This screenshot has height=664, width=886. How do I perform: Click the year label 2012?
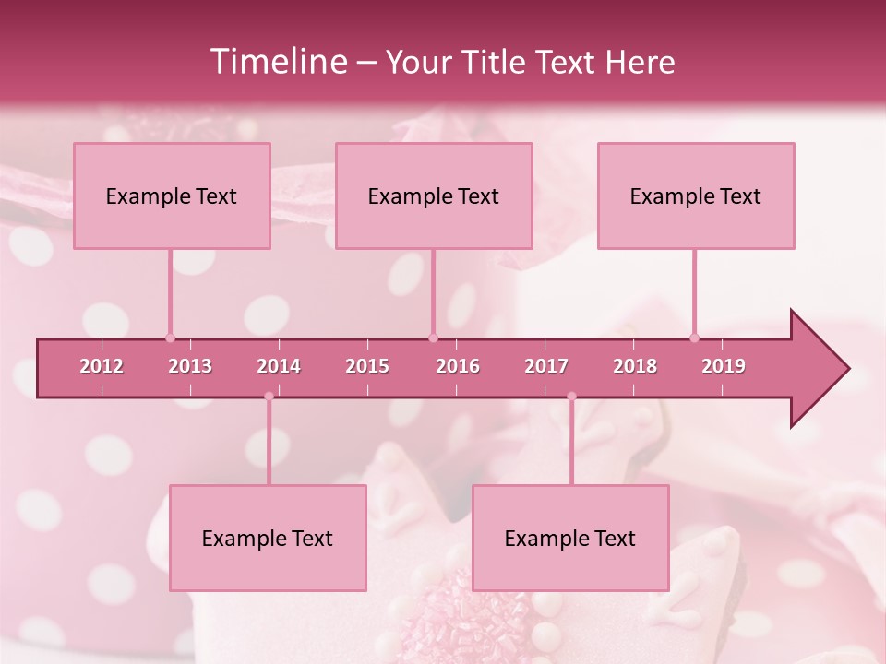point(102,366)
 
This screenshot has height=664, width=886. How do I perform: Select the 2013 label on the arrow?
point(190,366)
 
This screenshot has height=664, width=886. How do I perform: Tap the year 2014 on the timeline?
point(279,366)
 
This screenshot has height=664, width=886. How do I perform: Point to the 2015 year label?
point(367,366)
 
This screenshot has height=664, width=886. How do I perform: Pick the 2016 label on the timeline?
point(458,366)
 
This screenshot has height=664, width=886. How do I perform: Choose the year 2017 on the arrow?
point(546,366)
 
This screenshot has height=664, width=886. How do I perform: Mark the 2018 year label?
point(635,366)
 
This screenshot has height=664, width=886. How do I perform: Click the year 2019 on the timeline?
point(724,366)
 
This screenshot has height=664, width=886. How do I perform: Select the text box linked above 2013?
point(172,196)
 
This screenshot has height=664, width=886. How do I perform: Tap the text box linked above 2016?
point(434,196)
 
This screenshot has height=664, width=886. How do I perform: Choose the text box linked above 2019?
point(696,196)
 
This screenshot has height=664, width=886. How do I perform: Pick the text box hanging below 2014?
point(268,538)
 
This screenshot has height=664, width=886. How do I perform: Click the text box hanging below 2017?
point(570,538)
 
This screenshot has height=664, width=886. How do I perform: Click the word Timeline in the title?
point(278,62)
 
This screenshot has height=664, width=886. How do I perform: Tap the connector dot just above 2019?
point(694,338)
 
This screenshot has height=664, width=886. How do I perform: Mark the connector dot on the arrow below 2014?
point(269,397)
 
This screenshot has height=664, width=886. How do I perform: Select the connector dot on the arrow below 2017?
point(571,397)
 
